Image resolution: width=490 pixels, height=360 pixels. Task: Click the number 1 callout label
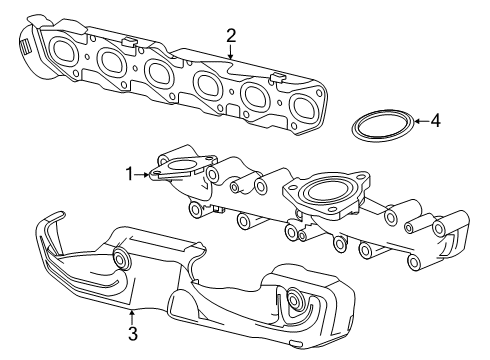click(128, 174)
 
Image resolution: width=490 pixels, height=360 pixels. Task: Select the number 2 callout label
click(231, 37)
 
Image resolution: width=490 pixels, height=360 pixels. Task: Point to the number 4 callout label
click(434, 122)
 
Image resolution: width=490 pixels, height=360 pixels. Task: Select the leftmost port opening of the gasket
click(67, 51)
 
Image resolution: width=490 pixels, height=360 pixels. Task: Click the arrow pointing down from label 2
click(231, 54)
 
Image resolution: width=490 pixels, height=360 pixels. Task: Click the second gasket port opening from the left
click(111, 62)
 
